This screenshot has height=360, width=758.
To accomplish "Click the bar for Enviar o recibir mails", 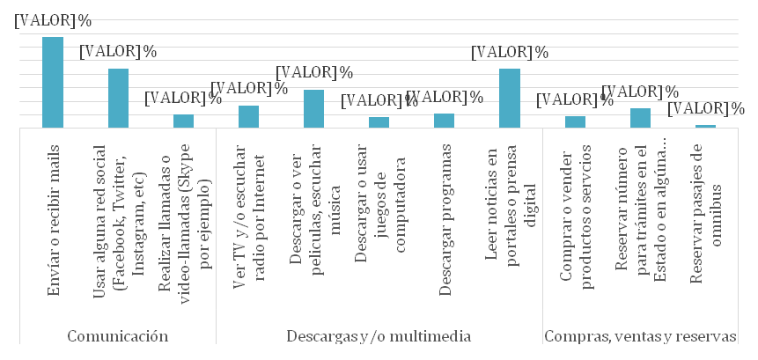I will click(53, 83).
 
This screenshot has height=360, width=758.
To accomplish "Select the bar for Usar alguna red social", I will click(118, 98).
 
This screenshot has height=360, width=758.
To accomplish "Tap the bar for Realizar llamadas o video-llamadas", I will click(183, 121).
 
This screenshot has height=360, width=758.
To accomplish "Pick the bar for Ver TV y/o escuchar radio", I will click(248, 117).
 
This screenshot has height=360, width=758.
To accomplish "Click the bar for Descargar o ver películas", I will click(313, 109).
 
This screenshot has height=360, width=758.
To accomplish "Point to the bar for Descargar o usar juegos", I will click(379, 122).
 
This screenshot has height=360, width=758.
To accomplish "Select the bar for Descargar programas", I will click(444, 121).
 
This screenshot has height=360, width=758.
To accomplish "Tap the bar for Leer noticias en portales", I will click(509, 98).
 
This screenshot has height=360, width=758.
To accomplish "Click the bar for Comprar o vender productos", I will click(574, 122).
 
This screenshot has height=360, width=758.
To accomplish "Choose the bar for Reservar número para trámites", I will click(639, 118).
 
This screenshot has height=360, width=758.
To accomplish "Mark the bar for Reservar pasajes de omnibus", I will click(704, 127).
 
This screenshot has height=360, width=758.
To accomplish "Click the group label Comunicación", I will click(118, 335).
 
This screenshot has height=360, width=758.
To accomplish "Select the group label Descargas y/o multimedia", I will click(379, 335).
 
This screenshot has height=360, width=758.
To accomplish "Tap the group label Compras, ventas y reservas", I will click(640, 335).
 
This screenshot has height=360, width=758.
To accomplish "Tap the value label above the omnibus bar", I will click(705, 109).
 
